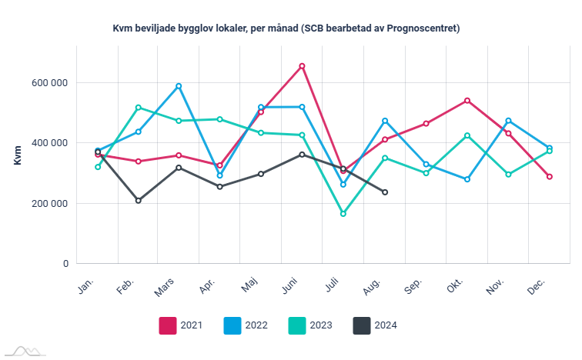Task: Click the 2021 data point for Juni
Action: coord(302,66)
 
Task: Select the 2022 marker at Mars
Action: coord(179,86)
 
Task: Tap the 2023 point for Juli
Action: coord(343,214)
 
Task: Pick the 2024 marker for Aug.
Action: coord(385,192)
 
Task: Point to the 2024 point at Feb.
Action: coord(139,201)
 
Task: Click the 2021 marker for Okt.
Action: coord(467,101)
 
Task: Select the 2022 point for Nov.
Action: coord(508,121)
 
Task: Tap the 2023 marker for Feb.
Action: coord(139,108)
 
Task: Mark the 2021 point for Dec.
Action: coord(550,177)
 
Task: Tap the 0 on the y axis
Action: coord(65,264)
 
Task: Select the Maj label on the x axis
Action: coord(249,286)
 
